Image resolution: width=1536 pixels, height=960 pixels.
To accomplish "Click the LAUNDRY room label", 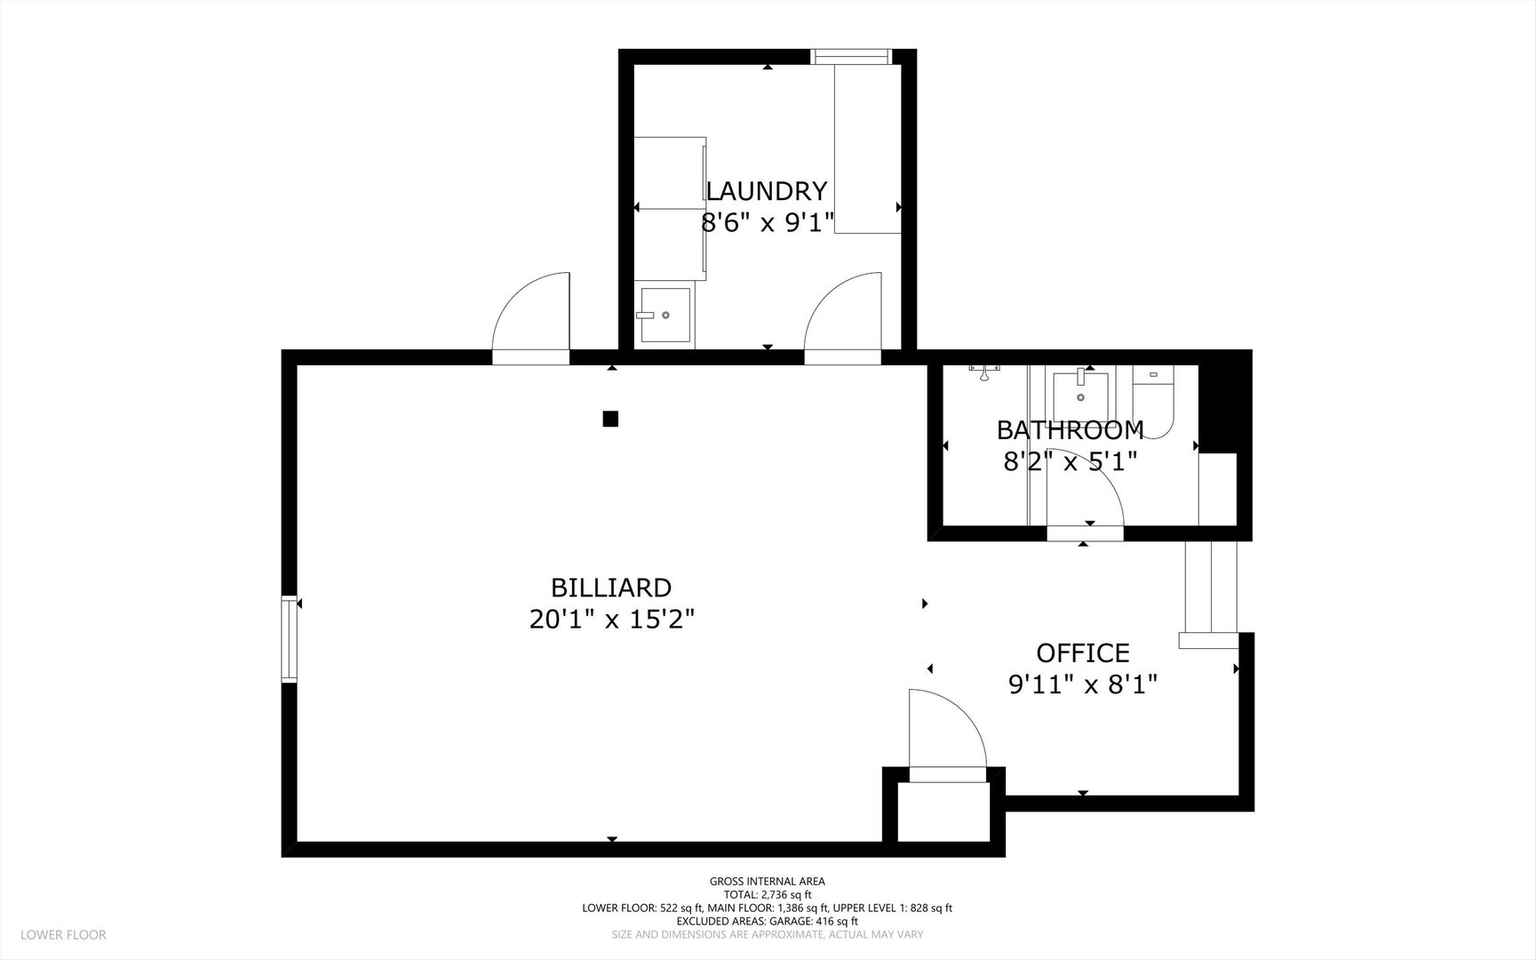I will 766,191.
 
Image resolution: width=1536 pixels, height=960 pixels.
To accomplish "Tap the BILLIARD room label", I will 611,588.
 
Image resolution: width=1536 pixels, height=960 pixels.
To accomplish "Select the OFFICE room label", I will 1083,653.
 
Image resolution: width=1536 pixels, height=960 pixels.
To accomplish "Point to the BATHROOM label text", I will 1070,430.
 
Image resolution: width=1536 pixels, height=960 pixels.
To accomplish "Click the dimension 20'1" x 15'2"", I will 611,619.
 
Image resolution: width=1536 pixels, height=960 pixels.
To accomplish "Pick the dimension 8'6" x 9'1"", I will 768,222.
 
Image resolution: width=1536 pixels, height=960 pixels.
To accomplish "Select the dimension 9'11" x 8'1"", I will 1083,684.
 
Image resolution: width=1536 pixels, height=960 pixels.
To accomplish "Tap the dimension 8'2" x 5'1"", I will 1070,461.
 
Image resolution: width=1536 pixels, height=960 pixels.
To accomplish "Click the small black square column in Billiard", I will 610,419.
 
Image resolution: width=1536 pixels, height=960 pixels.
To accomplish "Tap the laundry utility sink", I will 664,315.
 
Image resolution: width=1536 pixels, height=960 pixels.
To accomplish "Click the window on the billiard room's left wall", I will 289,639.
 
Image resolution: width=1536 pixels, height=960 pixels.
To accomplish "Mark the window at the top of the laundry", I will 852,57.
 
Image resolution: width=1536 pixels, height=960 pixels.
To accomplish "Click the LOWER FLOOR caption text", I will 63,934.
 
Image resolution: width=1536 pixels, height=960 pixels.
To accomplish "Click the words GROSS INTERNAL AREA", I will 767,882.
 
